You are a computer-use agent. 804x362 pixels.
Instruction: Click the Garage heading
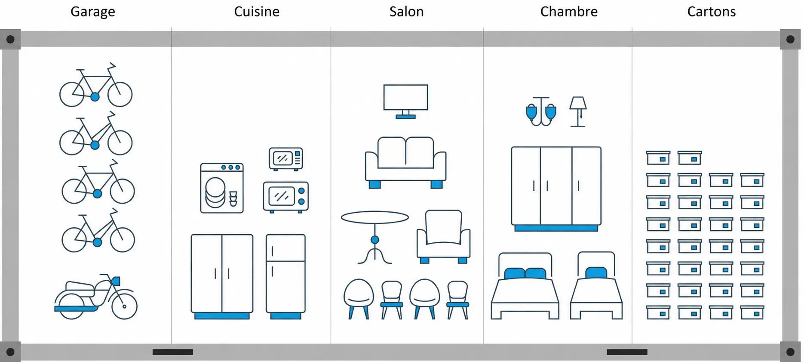pyautogui.click(x=93, y=12)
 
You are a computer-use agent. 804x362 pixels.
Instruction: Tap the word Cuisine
pyautogui.click(x=257, y=12)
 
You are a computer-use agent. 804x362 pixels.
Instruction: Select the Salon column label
pyautogui.click(x=406, y=12)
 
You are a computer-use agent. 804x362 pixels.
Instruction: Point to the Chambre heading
pyautogui.click(x=569, y=12)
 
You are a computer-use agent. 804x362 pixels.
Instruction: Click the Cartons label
pyautogui.click(x=711, y=12)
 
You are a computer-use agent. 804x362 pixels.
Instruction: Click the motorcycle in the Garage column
pyautogui.click(x=96, y=297)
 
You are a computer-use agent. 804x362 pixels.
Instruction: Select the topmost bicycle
pyautogui.click(x=96, y=85)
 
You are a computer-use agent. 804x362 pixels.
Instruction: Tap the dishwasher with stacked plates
pyautogui.click(x=222, y=188)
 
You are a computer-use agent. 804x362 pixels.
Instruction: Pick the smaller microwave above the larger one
pyautogui.click(x=286, y=159)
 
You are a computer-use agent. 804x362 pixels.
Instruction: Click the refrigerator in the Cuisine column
pyautogui.click(x=285, y=276)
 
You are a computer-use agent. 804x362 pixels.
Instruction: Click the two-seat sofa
pyautogui.click(x=405, y=162)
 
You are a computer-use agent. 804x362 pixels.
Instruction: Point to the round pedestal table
pyautogui.click(x=375, y=237)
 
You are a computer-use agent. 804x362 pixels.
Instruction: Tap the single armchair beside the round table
pyautogui.click(x=443, y=236)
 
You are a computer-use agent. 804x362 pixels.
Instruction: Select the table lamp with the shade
pyautogui.click(x=578, y=111)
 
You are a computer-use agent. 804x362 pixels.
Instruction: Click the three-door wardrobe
pyautogui.click(x=556, y=189)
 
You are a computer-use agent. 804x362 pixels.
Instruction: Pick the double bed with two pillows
pyautogui.click(x=525, y=286)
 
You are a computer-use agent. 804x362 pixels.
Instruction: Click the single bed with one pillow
pyautogui.click(x=596, y=285)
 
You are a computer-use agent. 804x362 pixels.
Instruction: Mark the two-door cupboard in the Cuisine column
pyautogui.click(x=222, y=276)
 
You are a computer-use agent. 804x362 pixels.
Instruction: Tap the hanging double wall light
pyautogui.click(x=541, y=111)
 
